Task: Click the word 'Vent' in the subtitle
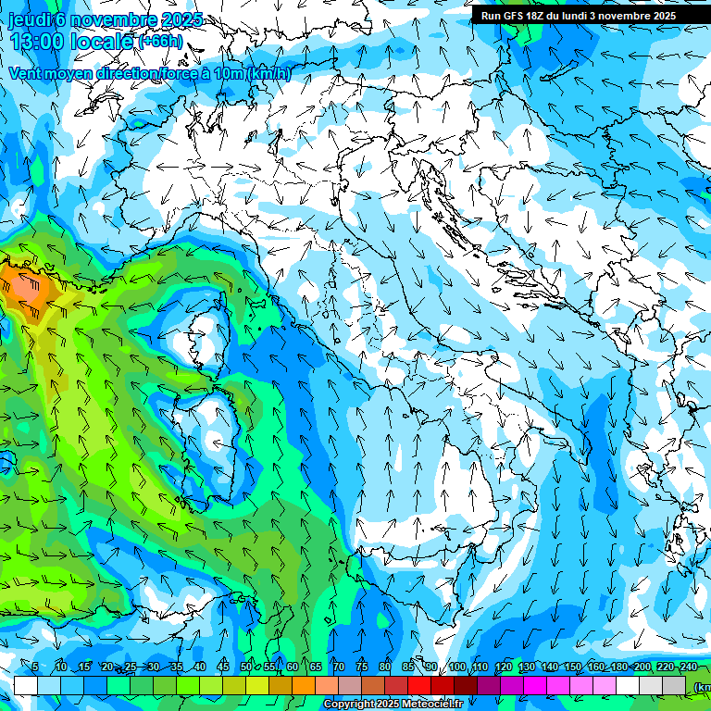pos(26,73)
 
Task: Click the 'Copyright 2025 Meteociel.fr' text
pos(393,705)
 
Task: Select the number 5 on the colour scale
pos(35,667)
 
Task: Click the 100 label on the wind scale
pos(457,667)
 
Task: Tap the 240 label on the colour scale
pos(688,667)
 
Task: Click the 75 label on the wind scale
pos(362,667)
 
